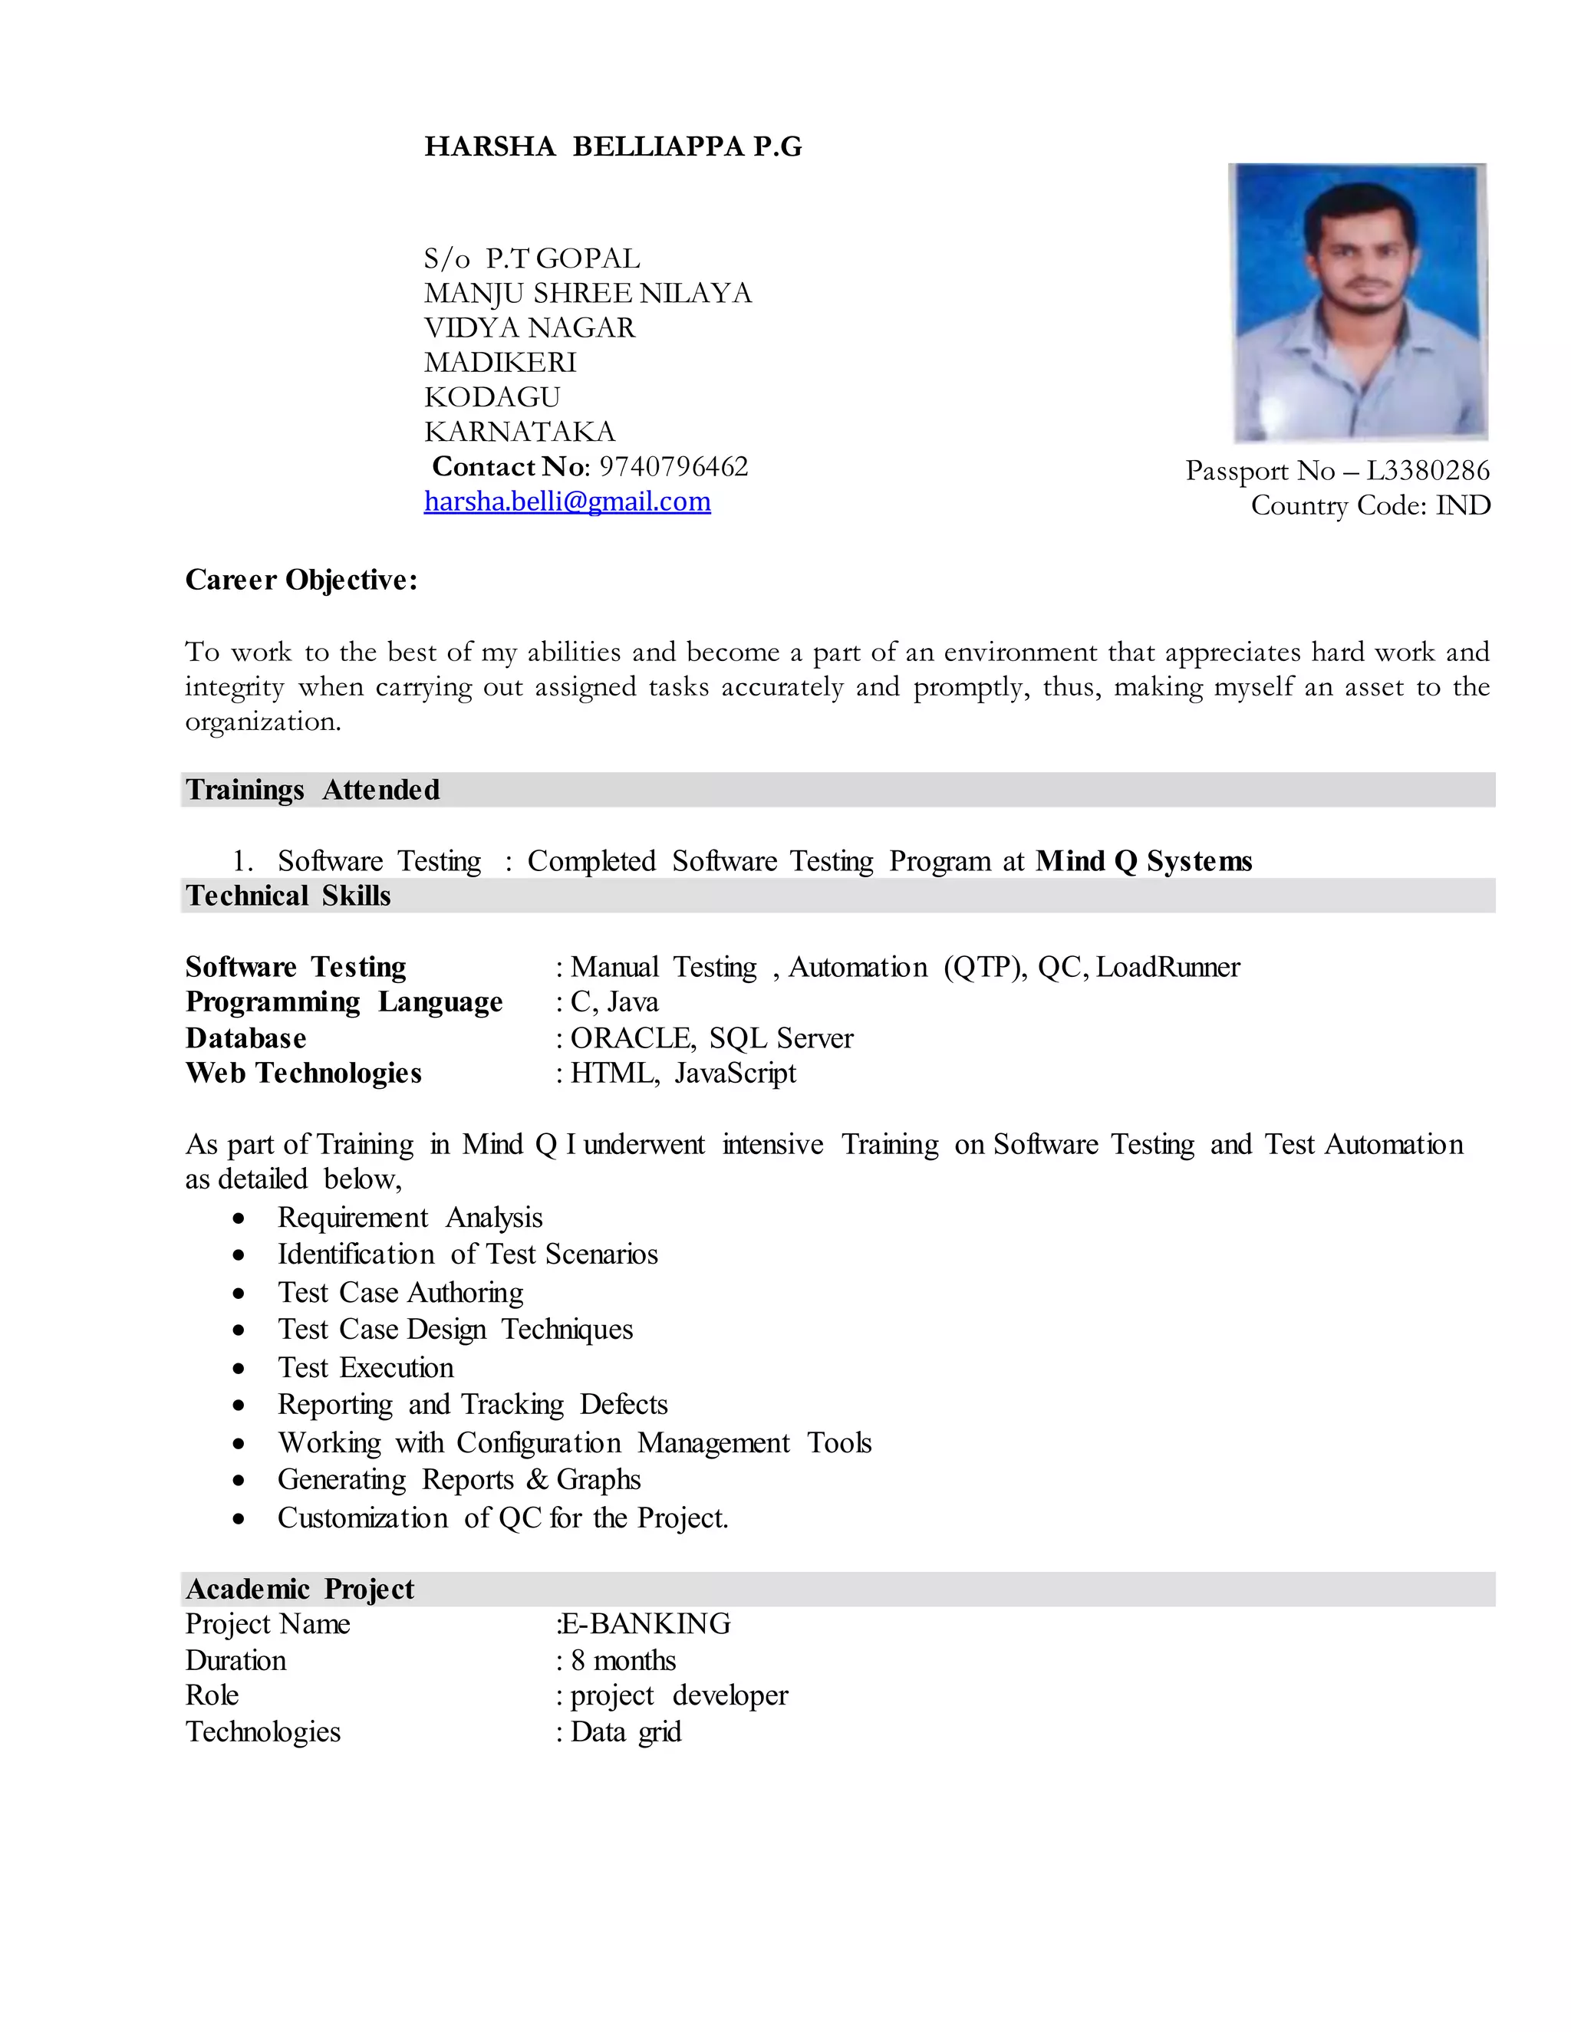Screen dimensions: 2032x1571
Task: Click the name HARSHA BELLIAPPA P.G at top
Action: point(612,147)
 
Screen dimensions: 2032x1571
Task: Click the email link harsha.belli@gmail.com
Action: point(567,501)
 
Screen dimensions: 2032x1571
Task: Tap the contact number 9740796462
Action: point(673,466)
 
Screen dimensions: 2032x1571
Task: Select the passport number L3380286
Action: point(1427,471)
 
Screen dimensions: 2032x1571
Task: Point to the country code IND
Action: point(1463,505)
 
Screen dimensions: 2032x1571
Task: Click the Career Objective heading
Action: point(301,580)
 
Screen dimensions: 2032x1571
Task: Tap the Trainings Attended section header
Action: point(313,790)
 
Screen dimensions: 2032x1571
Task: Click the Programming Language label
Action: point(344,1002)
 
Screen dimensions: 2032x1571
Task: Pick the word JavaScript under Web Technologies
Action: point(734,1073)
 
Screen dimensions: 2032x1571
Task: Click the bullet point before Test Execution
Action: point(239,1369)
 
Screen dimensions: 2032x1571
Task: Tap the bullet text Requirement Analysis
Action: point(410,1217)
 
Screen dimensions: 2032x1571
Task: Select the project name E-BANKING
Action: point(646,1623)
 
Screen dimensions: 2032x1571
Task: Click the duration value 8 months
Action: point(623,1660)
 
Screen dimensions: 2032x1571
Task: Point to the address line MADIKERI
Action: point(500,362)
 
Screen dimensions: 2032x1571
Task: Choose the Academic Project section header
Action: point(300,1589)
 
